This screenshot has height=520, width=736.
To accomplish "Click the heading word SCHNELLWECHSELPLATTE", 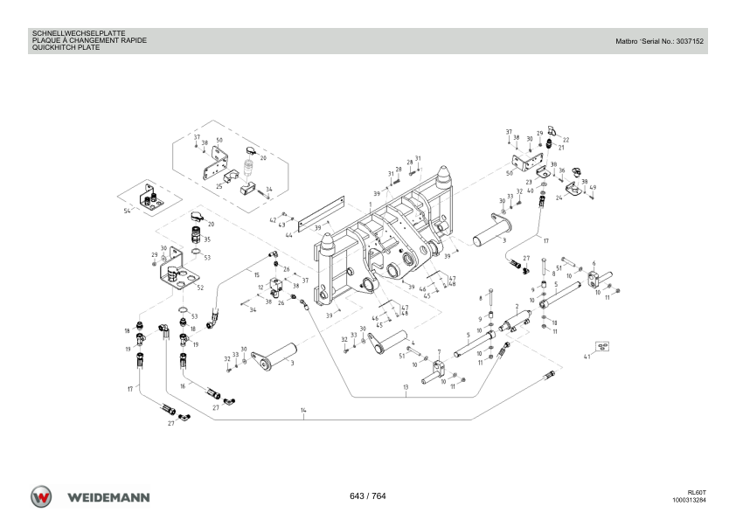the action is point(79,34).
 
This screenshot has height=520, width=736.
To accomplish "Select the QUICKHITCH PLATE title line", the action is point(66,47).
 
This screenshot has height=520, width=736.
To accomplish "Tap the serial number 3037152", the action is point(690,41).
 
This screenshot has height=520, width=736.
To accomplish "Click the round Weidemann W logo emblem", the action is point(41,496).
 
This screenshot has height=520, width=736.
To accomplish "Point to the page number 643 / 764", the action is point(367,496).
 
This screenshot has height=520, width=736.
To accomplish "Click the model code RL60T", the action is point(697,493).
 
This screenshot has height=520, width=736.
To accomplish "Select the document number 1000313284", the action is point(689,500).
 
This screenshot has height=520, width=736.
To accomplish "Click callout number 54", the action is point(128,211).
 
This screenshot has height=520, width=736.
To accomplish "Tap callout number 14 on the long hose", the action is point(303,410).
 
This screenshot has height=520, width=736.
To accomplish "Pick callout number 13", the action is point(406,387).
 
